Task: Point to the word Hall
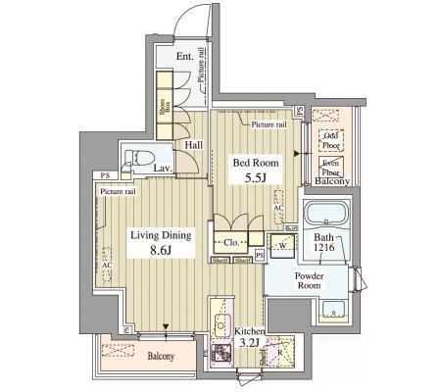click(193, 145)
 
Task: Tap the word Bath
click(323, 239)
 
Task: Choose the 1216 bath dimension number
click(324, 252)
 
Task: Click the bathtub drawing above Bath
click(323, 215)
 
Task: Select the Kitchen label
click(250, 331)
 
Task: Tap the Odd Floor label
click(332, 139)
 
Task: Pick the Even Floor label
click(332, 165)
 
